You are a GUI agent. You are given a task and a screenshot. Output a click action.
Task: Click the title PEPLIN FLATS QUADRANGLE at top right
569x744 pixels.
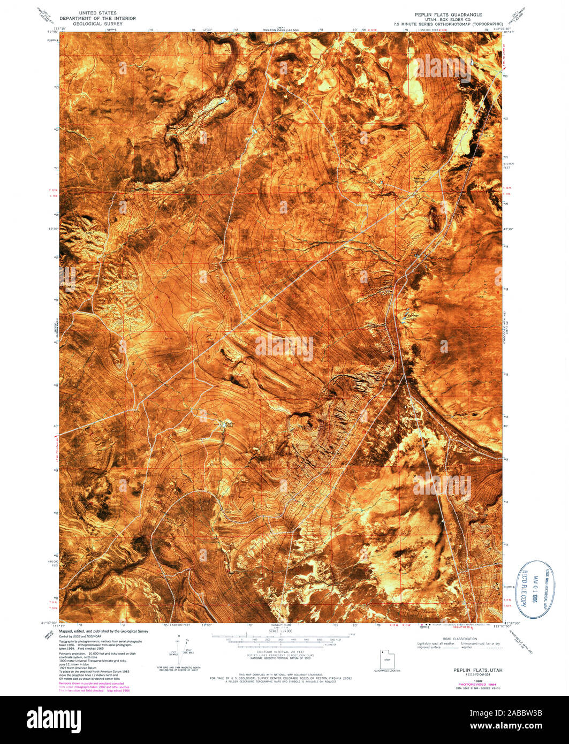pyautogui.click(x=448, y=14)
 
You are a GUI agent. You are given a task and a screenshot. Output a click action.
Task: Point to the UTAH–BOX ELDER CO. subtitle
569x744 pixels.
pyautogui.click(x=448, y=19)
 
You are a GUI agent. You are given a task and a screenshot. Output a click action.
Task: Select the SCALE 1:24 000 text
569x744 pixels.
pyautogui.click(x=280, y=632)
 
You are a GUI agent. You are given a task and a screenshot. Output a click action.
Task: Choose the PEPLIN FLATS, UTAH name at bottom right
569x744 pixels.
pyautogui.click(x=474, y=670)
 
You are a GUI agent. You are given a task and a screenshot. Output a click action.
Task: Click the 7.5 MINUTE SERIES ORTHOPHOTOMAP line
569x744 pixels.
pyautogui.click(x=448, y=24)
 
